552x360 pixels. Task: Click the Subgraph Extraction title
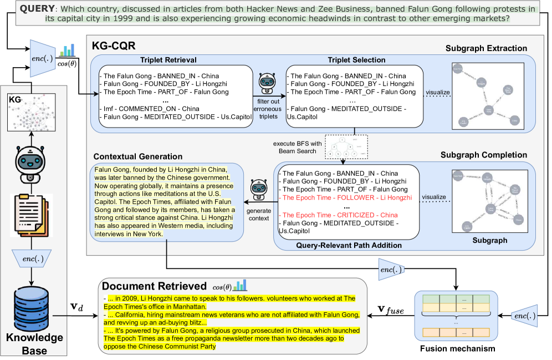[x=486, y=48]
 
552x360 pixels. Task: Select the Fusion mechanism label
[x=458, y=349]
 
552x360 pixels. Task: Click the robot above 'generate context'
[x=258, y=189]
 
